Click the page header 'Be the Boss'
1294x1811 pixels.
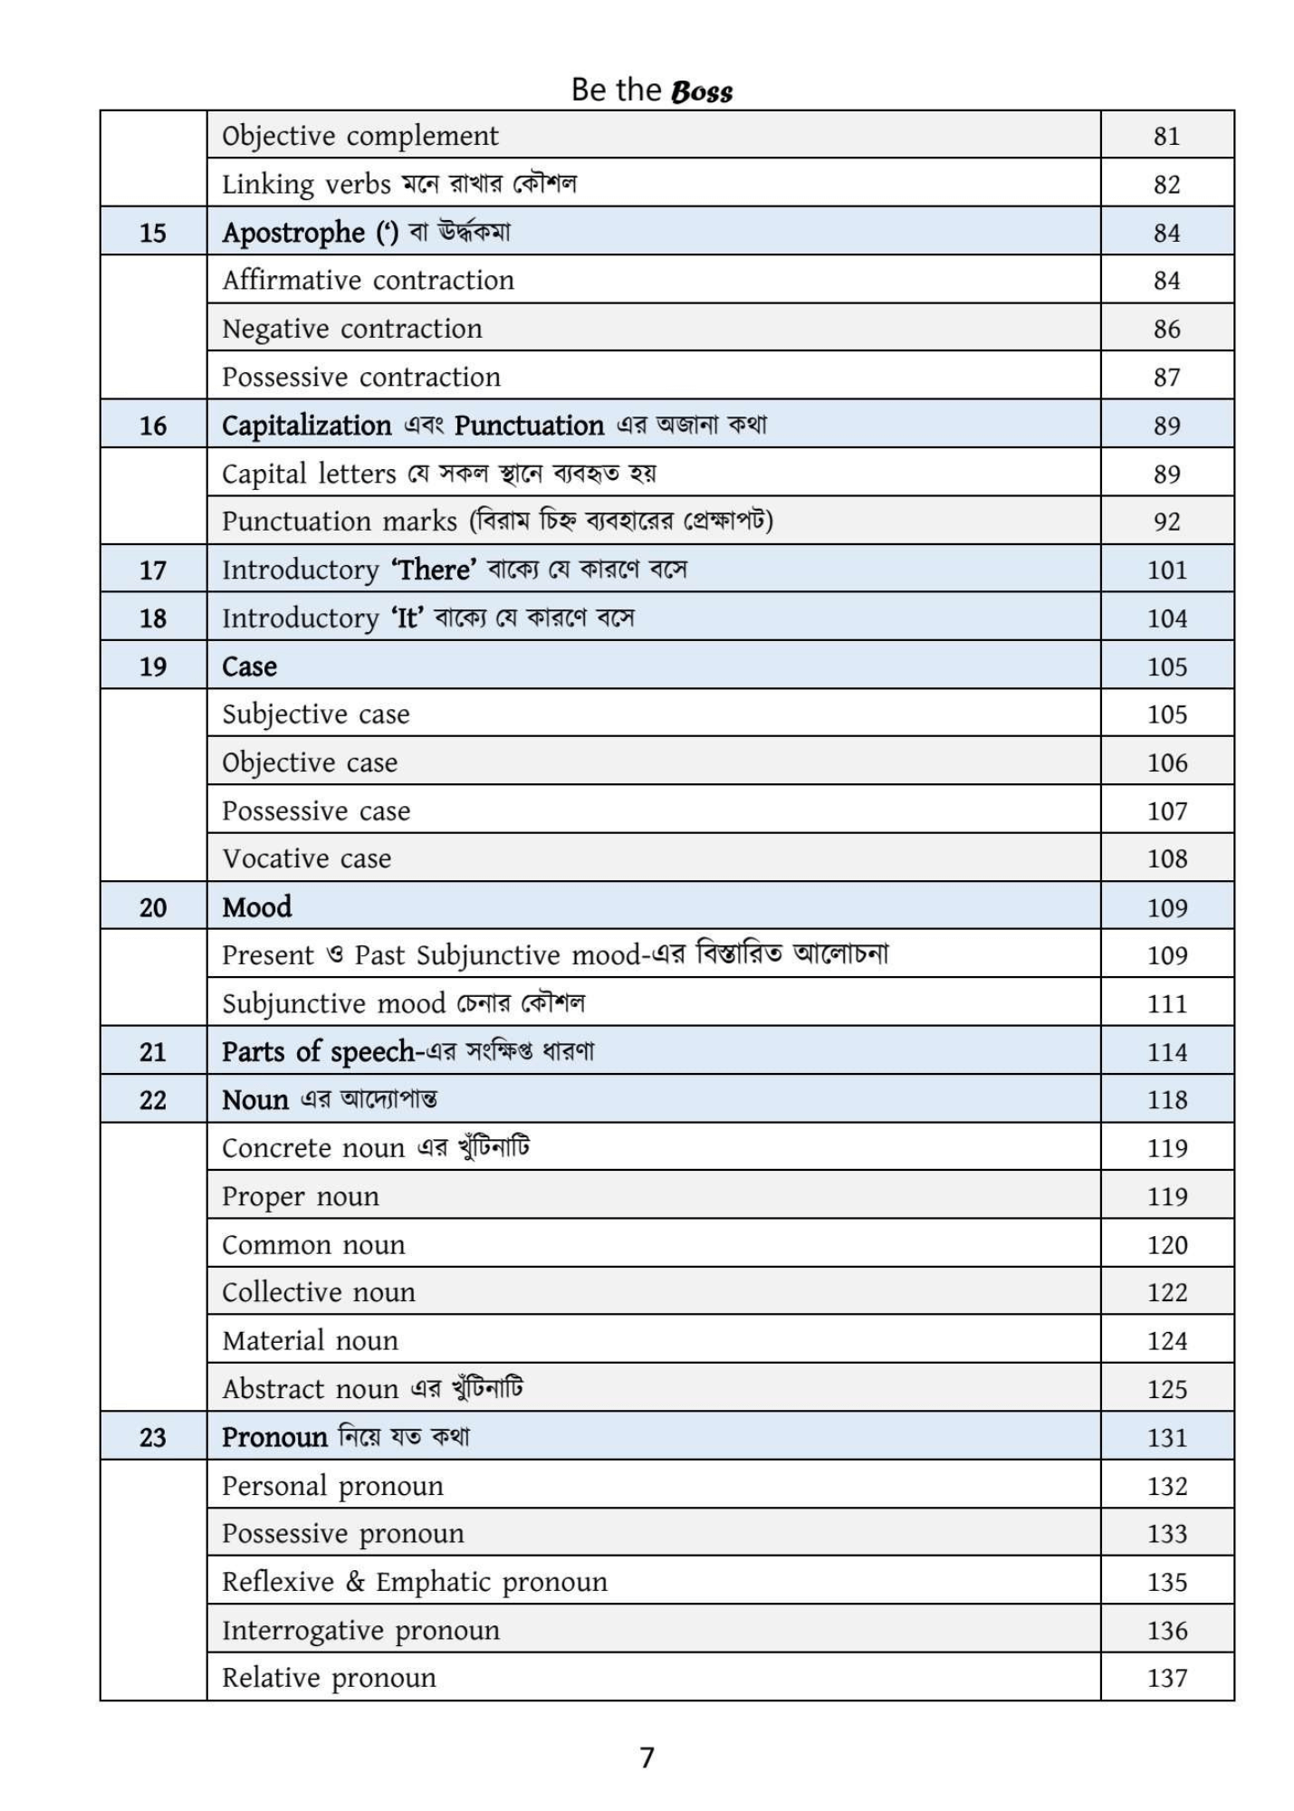pos(651,90)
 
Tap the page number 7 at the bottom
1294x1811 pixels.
pos(647,1758)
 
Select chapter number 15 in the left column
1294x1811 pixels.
pos(153,233)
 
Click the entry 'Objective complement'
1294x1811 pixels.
pos(359,136)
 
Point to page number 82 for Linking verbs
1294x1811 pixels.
pos(1166,185)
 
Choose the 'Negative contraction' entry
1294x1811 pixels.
pos(352,329)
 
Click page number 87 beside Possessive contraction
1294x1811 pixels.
pos(1166,378)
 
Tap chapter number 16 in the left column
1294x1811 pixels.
pos(153,426)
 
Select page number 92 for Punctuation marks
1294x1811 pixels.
pos(1166,522)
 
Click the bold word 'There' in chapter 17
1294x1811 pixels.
pos(434,570)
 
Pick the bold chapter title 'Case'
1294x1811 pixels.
pos(249,666)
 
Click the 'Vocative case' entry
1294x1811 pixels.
pos(307,858)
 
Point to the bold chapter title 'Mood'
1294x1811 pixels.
pos(257,907)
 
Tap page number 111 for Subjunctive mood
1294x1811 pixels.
pos(1166,1003)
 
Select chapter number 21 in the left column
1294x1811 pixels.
pos(153,1052)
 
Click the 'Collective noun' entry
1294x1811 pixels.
pos(319,1292)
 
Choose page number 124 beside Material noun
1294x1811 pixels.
pos(1166,1341)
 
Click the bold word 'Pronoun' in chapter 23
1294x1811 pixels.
pos(274,1437)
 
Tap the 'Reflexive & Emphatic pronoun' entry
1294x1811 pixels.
pos(415,1582)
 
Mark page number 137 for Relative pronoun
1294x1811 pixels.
pos(1166,1678)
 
